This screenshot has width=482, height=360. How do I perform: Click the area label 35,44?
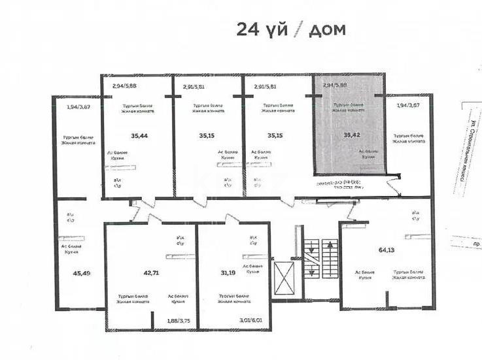tap(139, 136)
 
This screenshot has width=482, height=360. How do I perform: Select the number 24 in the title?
tap(249, 29)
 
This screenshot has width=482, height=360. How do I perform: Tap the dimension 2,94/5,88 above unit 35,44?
tap(125, 86)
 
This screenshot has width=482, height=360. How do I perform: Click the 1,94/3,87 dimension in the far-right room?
tap(409, 105)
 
